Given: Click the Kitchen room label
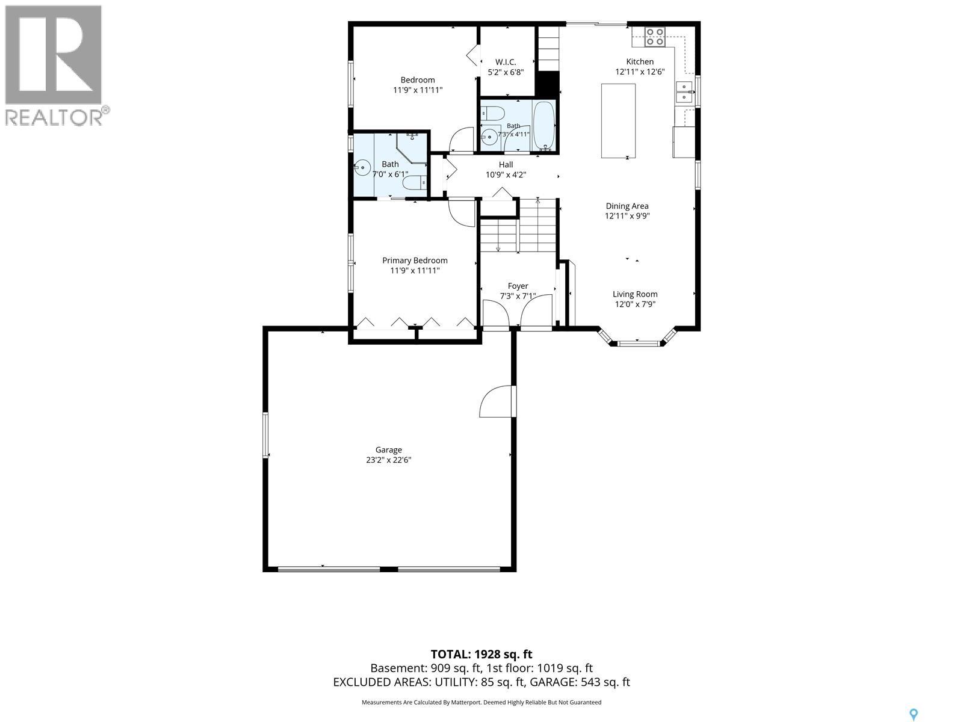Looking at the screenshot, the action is [639, 62].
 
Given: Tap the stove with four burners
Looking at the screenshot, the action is [655, 37].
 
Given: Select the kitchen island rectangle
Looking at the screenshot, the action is [618, 120].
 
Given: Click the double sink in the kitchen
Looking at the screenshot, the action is [684, 91].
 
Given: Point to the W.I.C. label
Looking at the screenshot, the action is [506, 62].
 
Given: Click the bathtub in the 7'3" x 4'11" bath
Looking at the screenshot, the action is [544, 126].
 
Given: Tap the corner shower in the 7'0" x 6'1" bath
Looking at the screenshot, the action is [412, 147].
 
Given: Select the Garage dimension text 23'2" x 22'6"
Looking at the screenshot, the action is [388, 460].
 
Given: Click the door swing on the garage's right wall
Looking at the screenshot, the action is [496, 401].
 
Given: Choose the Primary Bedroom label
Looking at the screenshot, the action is [415, 261].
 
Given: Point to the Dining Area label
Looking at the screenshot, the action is [627, 206].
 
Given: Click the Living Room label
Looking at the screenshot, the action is [635, 294].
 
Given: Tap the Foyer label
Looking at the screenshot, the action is [518, 286].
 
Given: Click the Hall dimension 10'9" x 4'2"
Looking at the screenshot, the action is [506, 175].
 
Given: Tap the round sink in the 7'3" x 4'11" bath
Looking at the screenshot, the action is [489, 137].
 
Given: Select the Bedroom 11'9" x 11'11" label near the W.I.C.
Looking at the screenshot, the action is [417, 85].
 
